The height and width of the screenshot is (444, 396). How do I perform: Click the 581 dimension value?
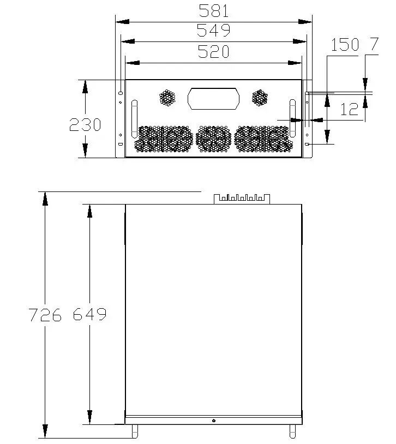214,11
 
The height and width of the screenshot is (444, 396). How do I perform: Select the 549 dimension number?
214,31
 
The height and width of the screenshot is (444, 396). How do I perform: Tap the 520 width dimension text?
214,51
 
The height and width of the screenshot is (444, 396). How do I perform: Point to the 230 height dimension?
85,124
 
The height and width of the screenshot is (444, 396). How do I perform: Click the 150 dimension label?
345,45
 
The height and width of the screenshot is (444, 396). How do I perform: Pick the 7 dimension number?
374,44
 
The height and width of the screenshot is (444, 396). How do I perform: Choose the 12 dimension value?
349,109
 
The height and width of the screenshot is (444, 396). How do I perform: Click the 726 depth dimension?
45,315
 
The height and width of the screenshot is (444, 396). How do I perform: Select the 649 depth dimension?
89,314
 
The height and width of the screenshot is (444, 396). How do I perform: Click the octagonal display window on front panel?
214,99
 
